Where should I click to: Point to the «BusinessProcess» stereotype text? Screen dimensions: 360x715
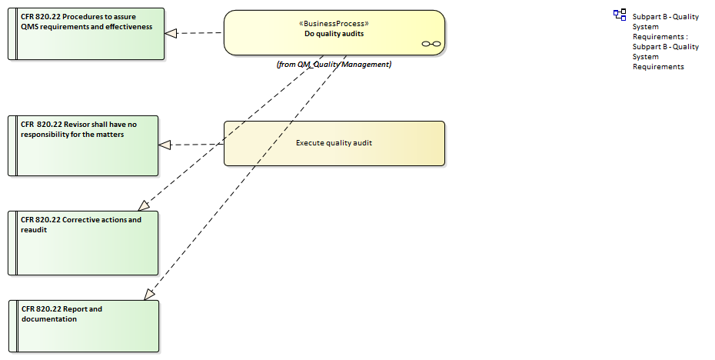click(334, 23)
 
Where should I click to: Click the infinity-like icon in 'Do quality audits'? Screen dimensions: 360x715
click(431, 45)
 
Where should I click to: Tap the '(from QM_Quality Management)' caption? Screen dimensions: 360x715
click(334, 65)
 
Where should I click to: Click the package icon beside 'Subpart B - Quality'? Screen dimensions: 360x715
click(620, 15)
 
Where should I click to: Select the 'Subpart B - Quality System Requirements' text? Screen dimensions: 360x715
click(665, 42)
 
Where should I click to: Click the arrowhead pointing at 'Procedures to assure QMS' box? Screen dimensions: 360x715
click(171, 33)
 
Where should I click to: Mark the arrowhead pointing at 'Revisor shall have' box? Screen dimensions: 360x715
click(165, 145)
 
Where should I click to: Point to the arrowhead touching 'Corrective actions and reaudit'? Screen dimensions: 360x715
click(144, 206)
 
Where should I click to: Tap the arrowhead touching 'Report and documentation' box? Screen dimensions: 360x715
click(149, 294)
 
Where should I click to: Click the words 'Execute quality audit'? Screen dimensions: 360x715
click(334, 142)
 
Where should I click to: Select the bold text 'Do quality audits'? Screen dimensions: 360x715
click(334, 34)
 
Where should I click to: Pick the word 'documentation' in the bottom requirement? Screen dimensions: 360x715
click(48, 318)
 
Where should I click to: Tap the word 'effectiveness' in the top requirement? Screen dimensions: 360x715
click(126, 27)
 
